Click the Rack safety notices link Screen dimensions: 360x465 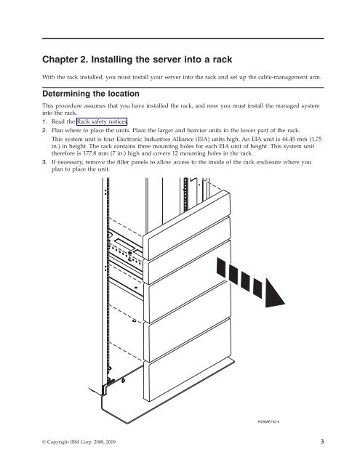102,121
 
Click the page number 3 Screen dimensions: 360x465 322,442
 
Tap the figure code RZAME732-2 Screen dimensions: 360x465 268,421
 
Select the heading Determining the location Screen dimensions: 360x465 91,94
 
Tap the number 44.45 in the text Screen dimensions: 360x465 290,139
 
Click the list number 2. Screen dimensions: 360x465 44,131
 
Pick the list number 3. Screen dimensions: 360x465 44,162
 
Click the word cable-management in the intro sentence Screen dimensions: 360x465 281,78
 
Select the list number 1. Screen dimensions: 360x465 44,121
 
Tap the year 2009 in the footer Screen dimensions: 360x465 110,442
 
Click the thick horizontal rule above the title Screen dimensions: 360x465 183,39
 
